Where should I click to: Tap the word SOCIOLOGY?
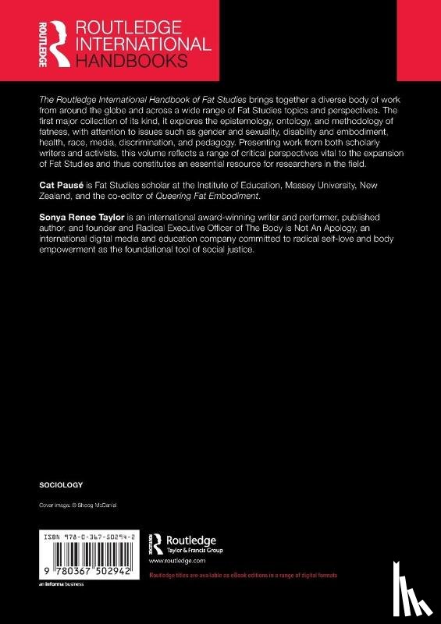coord(60,484)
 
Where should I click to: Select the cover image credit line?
coord(82,506)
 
